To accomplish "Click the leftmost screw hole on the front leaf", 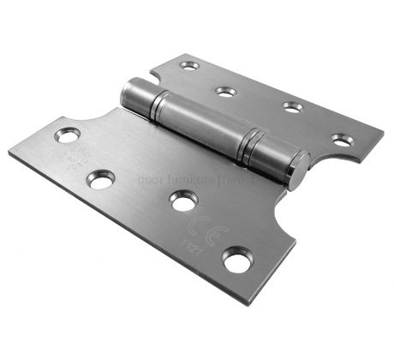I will (66, 135).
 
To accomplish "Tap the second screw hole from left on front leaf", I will (101, 179).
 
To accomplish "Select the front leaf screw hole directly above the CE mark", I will (182, 201).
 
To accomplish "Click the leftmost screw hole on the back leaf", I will (189, 65).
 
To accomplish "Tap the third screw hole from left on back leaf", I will (292, 107).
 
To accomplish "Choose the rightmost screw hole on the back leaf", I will (342, 139).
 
